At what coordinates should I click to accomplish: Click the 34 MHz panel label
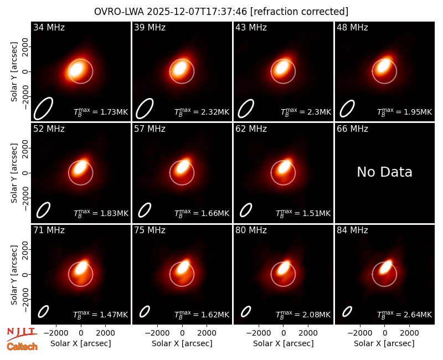(x=49, y=27)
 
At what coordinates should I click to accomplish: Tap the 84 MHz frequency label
(x=352, y=230)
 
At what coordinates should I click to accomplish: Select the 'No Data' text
(x=384, y=172)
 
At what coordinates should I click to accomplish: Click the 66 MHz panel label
(x=352, y=129)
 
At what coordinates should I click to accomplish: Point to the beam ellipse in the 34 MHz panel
(x=44, y=109)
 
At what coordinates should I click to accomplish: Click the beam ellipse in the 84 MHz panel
(x=347, y=312)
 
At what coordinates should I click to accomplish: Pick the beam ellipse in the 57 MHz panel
(x=145, y=210)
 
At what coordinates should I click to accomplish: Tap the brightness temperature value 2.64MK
(x=405, y=314)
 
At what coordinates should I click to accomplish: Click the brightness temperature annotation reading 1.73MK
(x=101, y=112)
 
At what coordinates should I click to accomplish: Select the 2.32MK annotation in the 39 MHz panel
(x=202, y=112)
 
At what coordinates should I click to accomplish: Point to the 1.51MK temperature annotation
(x=303, y=213)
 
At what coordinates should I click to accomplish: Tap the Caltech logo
(x=22, y=347)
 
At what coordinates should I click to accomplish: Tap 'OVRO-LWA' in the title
(x=119, y=12)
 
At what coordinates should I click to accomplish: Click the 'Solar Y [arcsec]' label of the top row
(x=14, y=72)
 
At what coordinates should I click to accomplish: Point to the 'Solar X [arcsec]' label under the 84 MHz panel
(x=384, y=343)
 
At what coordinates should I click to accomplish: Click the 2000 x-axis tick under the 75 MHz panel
(x=207, y=333)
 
